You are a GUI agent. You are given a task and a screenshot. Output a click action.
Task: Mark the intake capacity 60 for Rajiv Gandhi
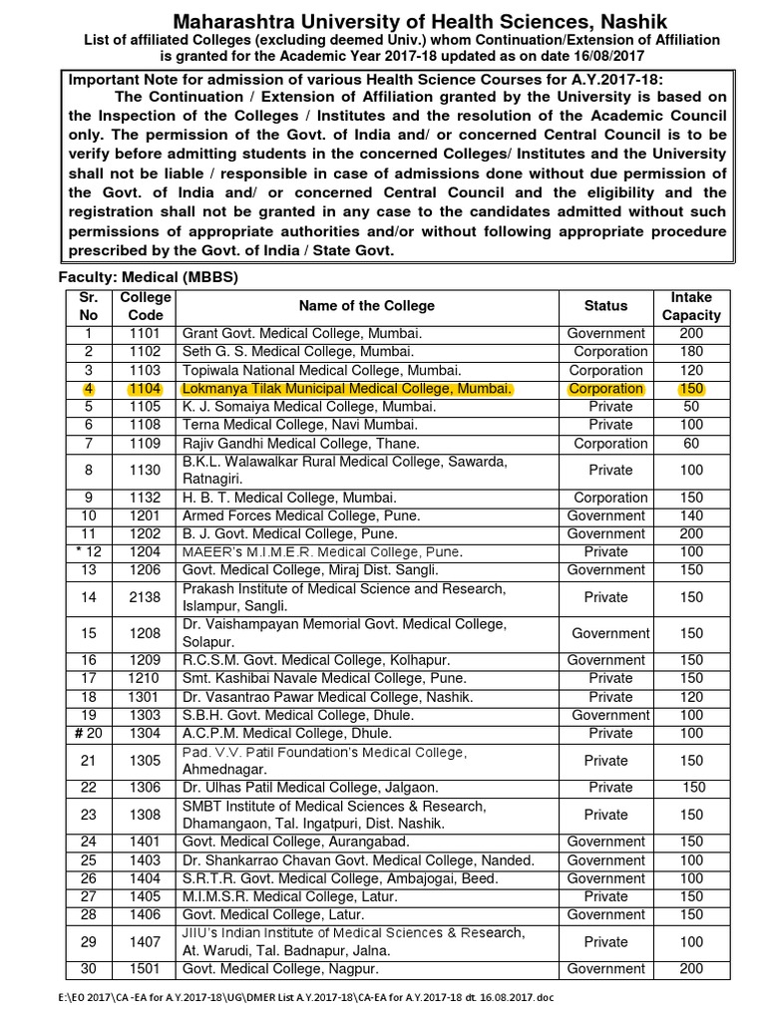(x=691, y=443)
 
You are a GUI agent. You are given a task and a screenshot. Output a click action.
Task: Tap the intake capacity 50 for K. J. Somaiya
(x=691, y=407)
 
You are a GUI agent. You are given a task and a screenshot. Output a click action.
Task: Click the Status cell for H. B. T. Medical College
(x=606, y=498)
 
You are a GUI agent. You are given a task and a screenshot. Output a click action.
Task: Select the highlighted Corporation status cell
(x=606, y=388)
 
